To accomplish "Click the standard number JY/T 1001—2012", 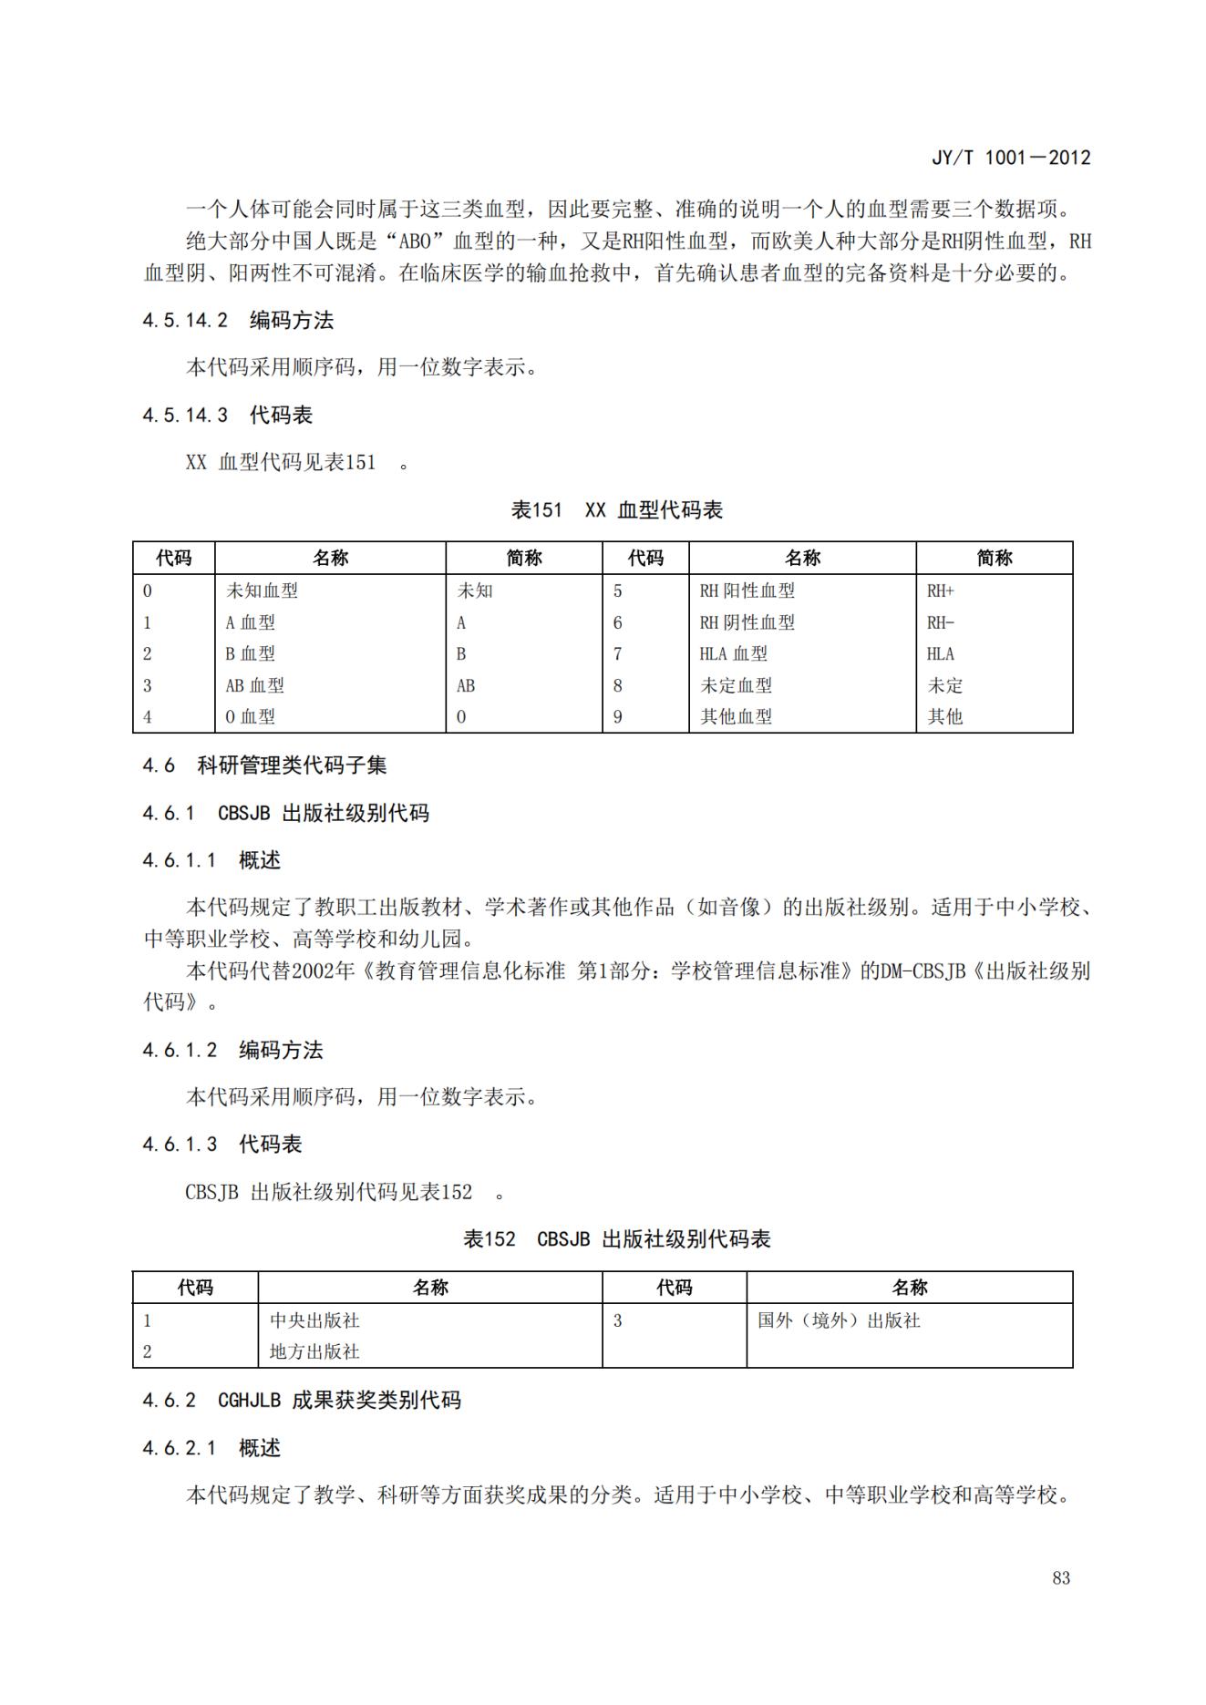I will pyautogui.click(x=1010, y=158).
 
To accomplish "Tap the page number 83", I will pyautogui.click(x=1060, y=1577).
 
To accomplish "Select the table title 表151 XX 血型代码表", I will pyautogui.click(x=616, y=510).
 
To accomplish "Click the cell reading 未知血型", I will pyautogui.click(x=262, y=591).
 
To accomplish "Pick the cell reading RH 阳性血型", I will pyautogui.click(x=747, y=591).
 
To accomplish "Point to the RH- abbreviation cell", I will pyautogui.click(x=940, y=622).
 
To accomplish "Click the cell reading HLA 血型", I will pyautogui.click(x=733, y=653).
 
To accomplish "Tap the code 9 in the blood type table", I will pyautogui.click(x=617, y=717).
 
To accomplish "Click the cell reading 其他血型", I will pyautogui.click(x=736, y=717).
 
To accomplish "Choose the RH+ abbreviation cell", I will pyautogui.click(x=940, y=591).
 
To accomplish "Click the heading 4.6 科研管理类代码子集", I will pyautogui.click(x=264, y=765).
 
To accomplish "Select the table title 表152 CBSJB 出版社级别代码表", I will pyautogui.click(x=616, y=1239).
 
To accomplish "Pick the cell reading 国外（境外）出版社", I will pyautogui.click(x=839, y=1320).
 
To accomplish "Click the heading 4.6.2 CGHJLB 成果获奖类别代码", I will pyautogui.click(x=301, y=1400).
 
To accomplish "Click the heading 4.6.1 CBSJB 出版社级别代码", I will pyautogui.click(x=285, y=813).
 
